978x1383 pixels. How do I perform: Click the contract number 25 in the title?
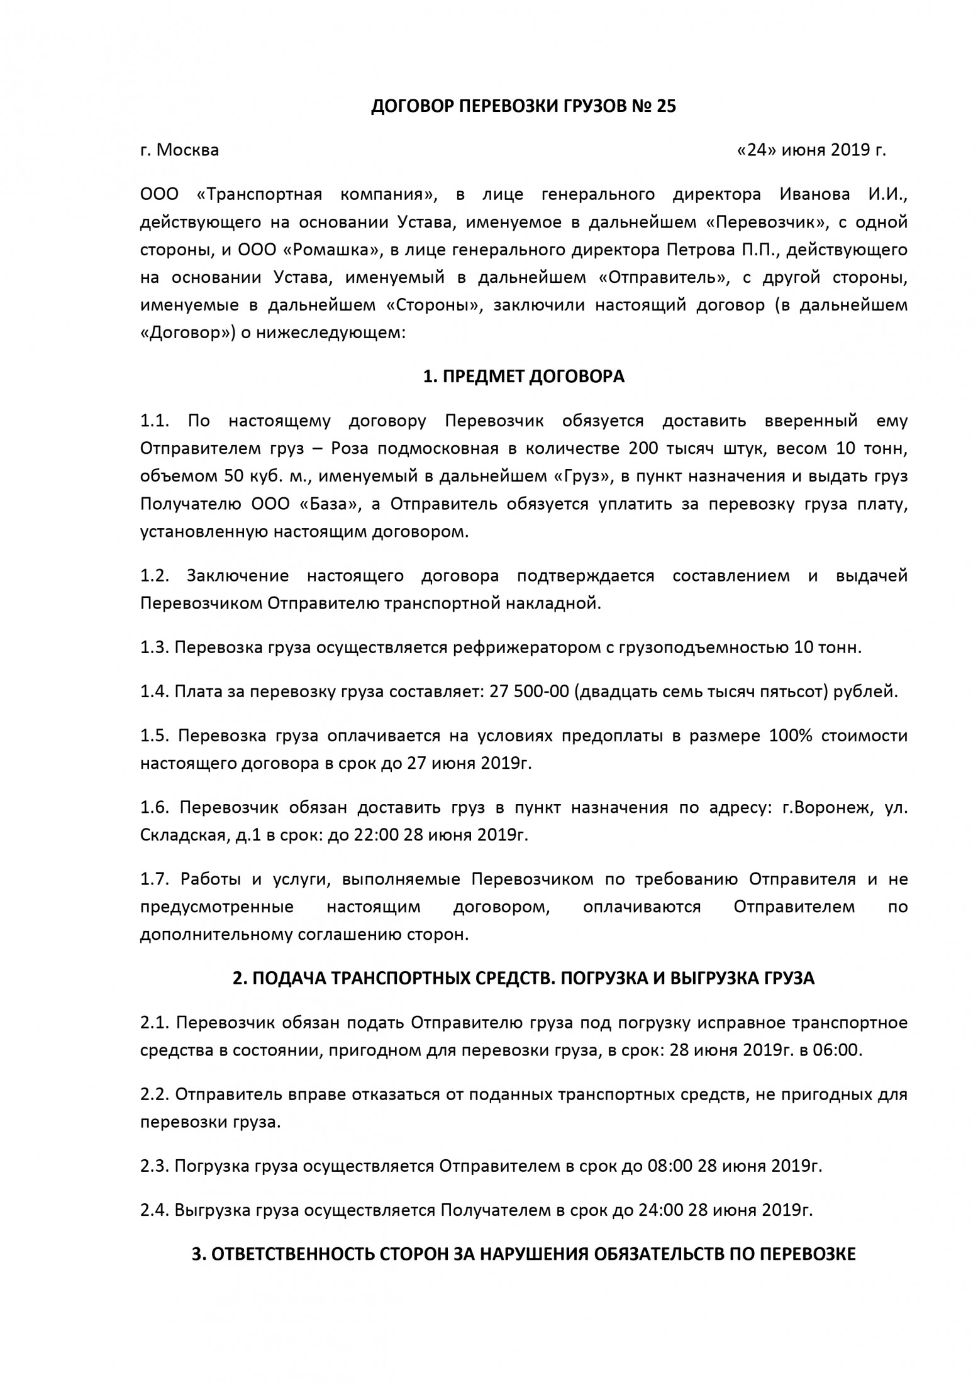pyautogui.click(x=666, y=107)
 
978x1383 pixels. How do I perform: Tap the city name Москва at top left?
pyautogui.click(x=187, y=150)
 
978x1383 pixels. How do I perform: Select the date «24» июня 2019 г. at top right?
pyautogui.click(x=811, y=150)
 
